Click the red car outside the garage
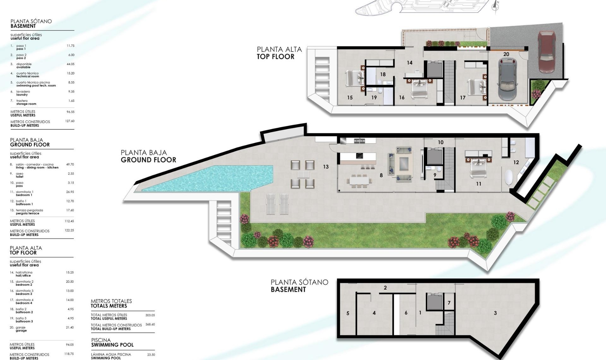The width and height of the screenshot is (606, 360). click(546, 47)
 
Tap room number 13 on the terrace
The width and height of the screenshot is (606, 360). click(326, 167)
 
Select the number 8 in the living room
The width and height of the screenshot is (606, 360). click(381, 175)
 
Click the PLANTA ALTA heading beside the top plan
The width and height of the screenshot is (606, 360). click(279, 49)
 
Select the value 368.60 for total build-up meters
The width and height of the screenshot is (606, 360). click(150, 324)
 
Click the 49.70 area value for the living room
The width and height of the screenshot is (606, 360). click(70, 165)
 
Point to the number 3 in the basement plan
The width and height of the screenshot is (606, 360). click(495, 313)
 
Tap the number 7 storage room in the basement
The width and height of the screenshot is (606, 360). click(449, 303)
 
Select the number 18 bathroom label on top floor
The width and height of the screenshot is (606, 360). click(383, 75)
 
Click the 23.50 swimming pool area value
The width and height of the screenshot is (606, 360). click(151, 355)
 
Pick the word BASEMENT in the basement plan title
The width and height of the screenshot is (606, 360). click(288, 290)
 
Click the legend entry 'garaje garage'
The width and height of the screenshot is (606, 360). click(21, 329)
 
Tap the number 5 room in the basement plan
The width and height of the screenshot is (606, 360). click(348, 313)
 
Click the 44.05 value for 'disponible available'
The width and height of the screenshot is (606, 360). click(70, 64)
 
